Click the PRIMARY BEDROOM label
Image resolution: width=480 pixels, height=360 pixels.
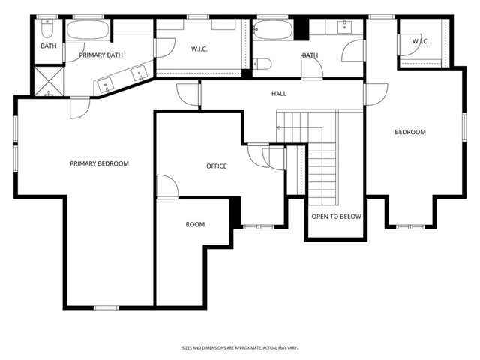99,163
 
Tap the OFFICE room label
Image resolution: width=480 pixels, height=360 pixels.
217,166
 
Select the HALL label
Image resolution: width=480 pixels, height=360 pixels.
279,93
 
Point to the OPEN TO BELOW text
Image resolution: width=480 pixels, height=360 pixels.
337,217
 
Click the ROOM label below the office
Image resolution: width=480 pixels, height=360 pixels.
195,225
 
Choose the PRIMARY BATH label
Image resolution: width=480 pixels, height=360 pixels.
100,55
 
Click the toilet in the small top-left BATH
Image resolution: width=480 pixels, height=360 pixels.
47,28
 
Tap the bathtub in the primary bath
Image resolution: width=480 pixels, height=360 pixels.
88,29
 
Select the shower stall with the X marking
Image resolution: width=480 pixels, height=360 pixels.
49,82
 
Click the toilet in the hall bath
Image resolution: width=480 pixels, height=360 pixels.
262,64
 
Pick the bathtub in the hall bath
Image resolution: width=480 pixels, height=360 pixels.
273,30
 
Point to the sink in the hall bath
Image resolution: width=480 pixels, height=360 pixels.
345,27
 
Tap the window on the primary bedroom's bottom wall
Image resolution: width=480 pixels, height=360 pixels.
106,307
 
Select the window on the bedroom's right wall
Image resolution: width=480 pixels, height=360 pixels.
464,127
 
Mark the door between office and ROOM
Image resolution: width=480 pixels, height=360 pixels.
167,187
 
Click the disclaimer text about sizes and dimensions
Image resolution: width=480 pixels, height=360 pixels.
240,348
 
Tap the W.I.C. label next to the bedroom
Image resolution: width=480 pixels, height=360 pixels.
420,41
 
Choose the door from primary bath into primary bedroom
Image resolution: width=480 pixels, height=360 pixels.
80,108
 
